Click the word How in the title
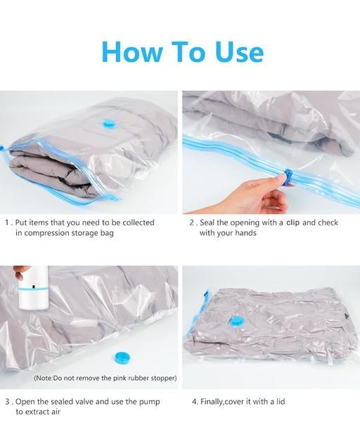(x=133, y=51)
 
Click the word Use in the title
(x=239, y=51)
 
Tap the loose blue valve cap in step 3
(x=123, y=358)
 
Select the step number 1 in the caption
(x=7, y=223)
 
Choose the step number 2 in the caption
(x=192, y=223)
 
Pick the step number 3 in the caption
(x=8, y=402)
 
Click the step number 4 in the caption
(x=194, y=402)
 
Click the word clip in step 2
(x=293, y=223)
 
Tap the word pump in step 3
(x=150, y=402)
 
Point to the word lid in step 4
(x=280, y=402)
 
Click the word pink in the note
(x=121, y=379)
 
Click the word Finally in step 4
(x=212, y=402)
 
